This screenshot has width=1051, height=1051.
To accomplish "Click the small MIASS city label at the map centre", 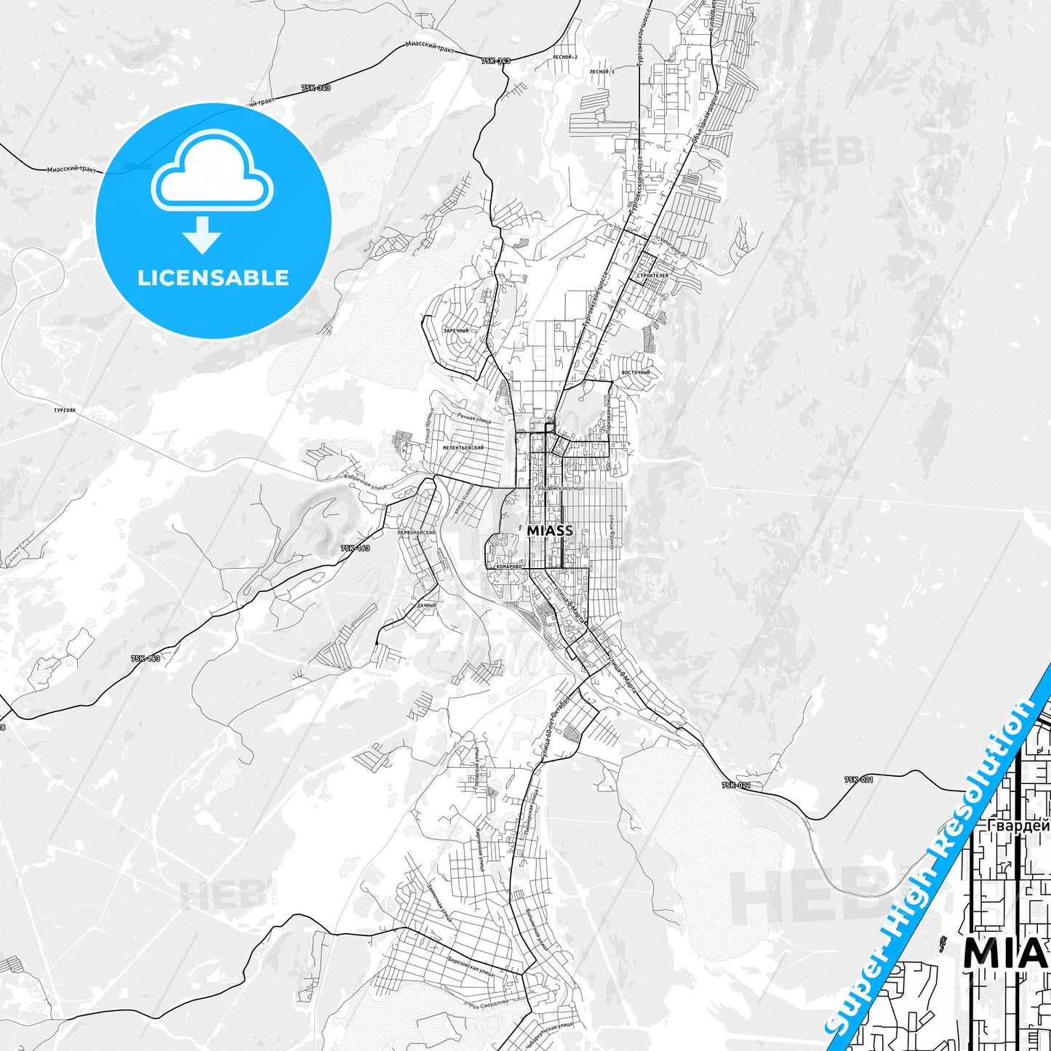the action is (x=549, y=531).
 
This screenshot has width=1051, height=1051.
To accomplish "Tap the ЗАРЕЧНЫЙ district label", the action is (x=456, y=331).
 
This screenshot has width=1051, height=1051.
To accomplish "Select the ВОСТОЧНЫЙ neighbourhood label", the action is (x=636, y=373).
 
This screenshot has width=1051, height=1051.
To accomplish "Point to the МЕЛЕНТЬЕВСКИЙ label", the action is (x=463, y=448).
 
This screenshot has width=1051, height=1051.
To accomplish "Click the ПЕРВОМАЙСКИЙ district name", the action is (x=416, y=532).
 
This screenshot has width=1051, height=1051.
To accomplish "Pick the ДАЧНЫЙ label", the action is (x=427, y=605).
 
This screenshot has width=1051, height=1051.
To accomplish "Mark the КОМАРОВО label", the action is (x=508, y=566).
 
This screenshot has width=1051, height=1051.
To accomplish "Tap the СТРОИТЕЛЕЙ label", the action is (x=652, y=276).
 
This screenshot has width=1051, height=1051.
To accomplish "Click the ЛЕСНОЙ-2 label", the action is (x=564, y=57).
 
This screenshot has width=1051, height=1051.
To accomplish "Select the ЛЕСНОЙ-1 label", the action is (x=602, y=72).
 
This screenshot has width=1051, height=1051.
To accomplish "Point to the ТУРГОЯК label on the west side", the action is (x=65, y=410).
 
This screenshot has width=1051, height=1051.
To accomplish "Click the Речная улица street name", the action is (x=473, y=418).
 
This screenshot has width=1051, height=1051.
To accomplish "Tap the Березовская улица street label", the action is (x=471, y=964).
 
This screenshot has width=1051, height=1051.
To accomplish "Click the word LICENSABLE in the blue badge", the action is (x=213, y=278).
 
